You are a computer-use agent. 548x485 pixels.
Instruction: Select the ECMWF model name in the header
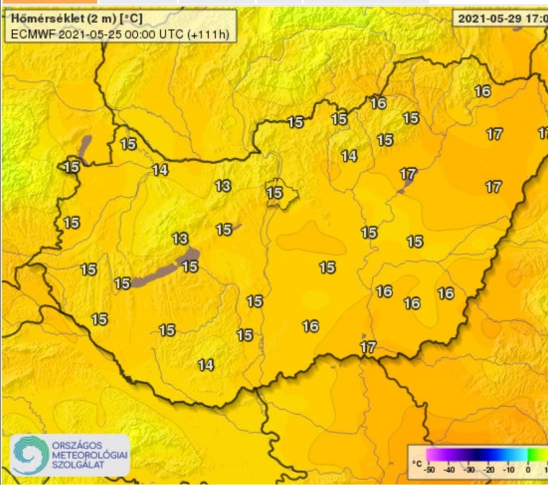click(33, 34)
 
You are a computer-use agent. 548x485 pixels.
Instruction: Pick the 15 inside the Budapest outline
click(275, 193)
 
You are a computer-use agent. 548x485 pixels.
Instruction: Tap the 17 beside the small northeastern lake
click(408, 173)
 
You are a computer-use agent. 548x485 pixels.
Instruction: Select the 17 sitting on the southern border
click(368, 347)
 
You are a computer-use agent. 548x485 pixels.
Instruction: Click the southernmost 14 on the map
click(205, 364)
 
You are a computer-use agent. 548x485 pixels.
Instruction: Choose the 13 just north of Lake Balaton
click(180, 239)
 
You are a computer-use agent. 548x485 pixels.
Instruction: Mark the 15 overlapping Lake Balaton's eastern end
click(190, 266)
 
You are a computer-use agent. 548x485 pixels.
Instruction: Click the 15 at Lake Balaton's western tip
click(122, 283)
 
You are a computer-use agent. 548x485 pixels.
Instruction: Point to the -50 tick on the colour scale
click(429, 470)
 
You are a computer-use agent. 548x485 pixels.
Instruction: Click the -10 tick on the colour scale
click(509, 470)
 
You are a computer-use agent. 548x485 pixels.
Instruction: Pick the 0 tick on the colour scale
click(527, 470)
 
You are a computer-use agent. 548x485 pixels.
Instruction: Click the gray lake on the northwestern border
click(85, 148)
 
